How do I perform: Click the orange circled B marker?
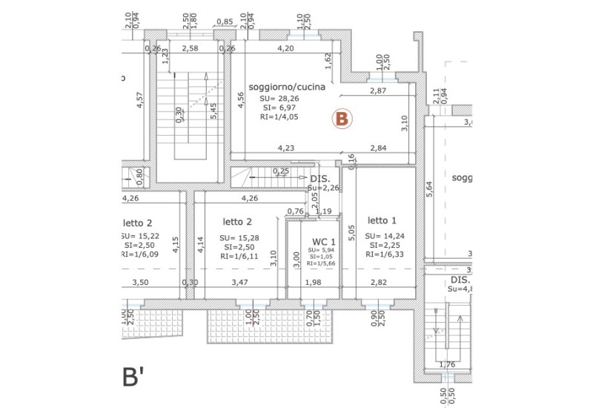pyautogui.click(x=342, y=118)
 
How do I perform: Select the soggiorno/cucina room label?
pyautogui.click(x=288, y=87)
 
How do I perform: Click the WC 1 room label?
pyautogui.click(x=324, y=241)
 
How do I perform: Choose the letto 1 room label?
pyautogui.click(x=382, y=220)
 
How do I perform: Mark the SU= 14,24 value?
pyautogui.click(x=385, y=236)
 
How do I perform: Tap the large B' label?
pyautogui.click(x=136, y=378)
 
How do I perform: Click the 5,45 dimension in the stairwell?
pyautogui.click(x=213, y=111)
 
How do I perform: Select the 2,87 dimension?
pyautogui.click(x=380, y=91)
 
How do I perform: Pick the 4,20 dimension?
pyautogui.click(x=285, y=49)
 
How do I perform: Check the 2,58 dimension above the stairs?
pyautogui.click(x=190, y=49)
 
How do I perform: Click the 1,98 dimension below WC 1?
pyautogui.click(x=313, y=282)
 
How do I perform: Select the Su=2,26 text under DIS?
pyautogui.click(x=323, y=188)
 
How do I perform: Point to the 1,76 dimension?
pyautogui.click(x=446, y=364)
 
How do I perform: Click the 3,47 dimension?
pyautogui.click(x=239, y=282)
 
